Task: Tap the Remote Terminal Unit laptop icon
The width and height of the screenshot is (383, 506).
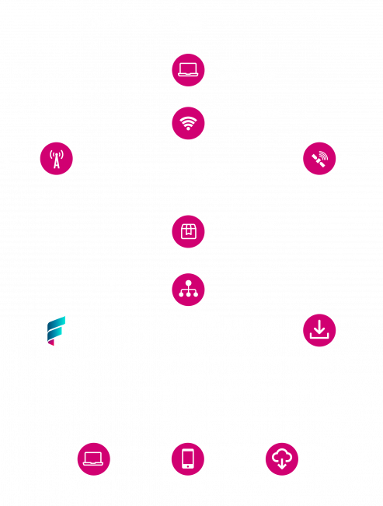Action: pyautogui.click(x=188, y=69)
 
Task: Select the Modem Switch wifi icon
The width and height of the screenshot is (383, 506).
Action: pyautogui.click(x=188, y=121)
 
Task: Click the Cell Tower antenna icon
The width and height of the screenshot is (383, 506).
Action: pyautogui.click(x=56, y=158)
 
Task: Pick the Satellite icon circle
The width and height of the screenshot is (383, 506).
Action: pyautogui.click(x=319, y=158)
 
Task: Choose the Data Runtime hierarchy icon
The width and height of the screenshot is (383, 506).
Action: pyautogui.click(x=188, y=290)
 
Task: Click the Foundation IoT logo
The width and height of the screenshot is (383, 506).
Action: pyautogui.click(x=55, y=331)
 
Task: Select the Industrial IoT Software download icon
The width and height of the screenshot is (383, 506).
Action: pyautogui.click(x=319, y=330)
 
